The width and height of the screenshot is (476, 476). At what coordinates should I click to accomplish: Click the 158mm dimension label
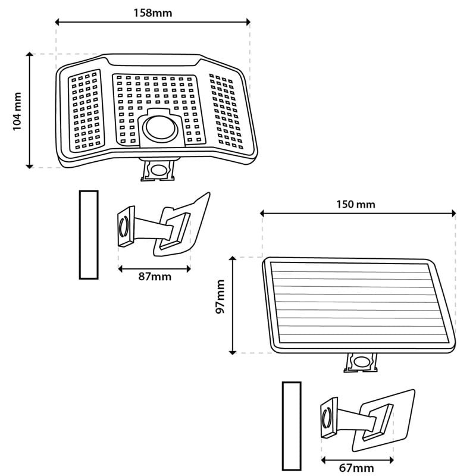(x=153, y=12)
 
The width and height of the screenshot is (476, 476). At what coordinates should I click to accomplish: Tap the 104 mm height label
(x=17, y=111)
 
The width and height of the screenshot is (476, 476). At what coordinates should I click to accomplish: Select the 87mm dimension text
(x=155, y=277)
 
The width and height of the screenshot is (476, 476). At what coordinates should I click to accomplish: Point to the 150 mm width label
(x=355, y=204)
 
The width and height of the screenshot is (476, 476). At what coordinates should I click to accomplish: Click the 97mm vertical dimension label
(x=220, y=296)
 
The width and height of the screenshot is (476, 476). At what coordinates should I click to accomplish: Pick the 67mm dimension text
(x=356, y=468)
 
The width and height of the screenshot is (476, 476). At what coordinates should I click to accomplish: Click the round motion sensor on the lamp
(x=160, y=129)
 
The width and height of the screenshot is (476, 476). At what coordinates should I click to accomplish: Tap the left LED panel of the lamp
(x=86, y=111)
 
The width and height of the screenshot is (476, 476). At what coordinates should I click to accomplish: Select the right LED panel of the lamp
(x=226, y=111)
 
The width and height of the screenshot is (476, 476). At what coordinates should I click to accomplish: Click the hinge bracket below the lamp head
(x=158, y=170)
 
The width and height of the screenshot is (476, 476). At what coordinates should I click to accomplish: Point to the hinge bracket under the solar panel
(x=361, y=362)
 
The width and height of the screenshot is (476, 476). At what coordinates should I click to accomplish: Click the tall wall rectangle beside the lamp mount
(x=89, y=234)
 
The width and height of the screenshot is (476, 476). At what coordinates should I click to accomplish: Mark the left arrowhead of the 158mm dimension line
(x=57, y=22)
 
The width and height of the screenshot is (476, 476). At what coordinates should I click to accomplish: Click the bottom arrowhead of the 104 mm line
(x=29, y=166)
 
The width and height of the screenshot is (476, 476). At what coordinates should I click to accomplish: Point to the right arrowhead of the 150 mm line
(x=453, y=214)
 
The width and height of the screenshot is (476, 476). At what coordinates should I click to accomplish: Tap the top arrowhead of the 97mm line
(x=232, y=259)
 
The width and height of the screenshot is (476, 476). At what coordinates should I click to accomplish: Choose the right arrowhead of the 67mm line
(x=392, y=460)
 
